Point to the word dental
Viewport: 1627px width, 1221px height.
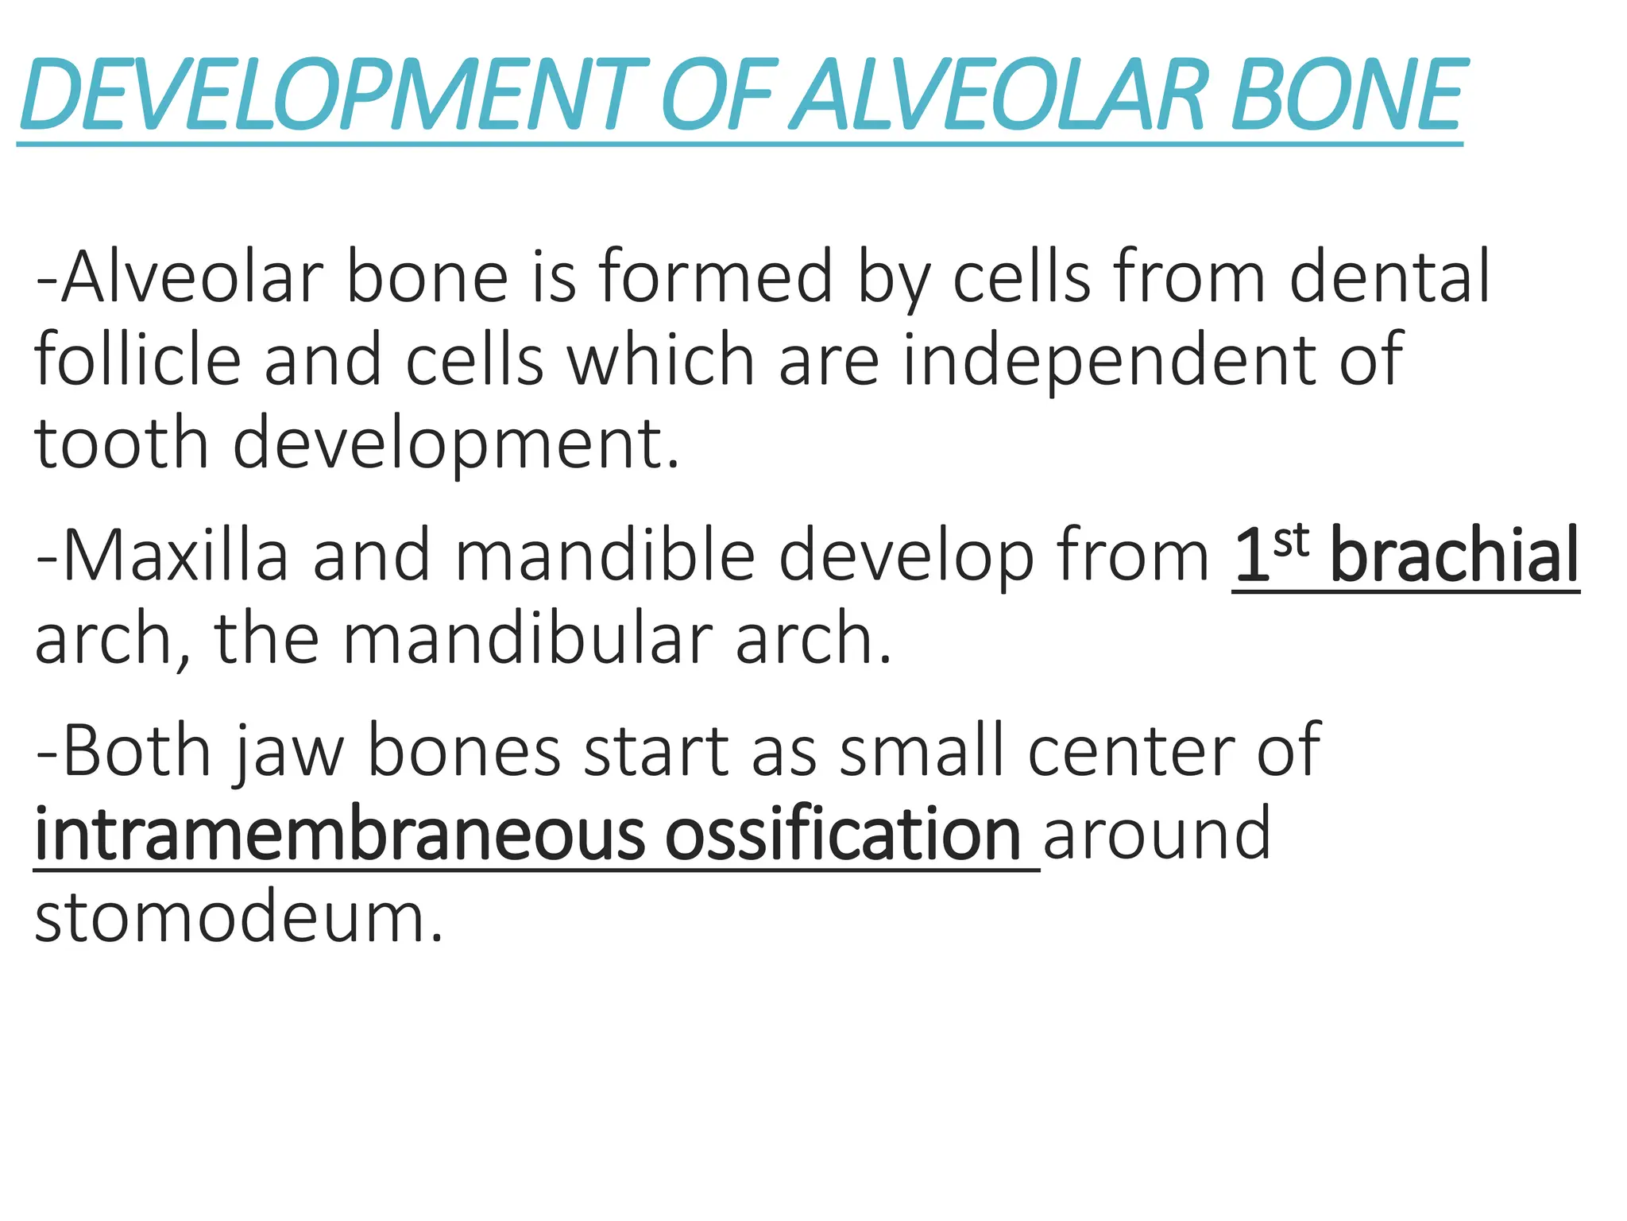pyautogui.click(x=1389, y=277)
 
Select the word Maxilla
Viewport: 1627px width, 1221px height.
pyautogui.click(x=175, y=556)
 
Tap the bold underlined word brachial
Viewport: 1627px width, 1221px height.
pyautogui.click(x=1454, y=556)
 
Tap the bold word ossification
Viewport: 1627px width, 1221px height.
pyautogui.click(x=842, y=835)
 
